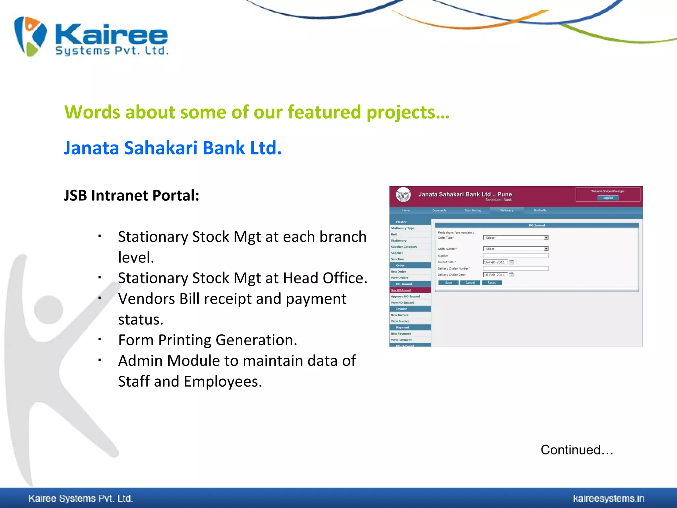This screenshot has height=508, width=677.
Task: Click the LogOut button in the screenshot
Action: pos(608,198)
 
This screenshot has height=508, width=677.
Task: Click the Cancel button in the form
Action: pos(470,283)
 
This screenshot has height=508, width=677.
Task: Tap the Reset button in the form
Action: pos(492,283)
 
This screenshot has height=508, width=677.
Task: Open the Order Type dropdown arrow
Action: pos(546,238)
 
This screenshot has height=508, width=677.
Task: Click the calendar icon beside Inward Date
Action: pos(511,262)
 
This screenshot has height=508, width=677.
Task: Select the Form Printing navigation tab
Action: pos(473,210)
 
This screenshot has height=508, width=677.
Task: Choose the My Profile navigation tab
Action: pos(540,210)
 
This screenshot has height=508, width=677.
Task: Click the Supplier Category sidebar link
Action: pos(404,247)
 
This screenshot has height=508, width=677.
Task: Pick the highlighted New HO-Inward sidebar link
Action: pos(401,290)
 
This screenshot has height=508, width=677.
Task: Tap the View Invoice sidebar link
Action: pos(400,321)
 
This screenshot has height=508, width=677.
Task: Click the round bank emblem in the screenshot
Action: pos(403,195)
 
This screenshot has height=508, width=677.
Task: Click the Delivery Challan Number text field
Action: pos(515,269)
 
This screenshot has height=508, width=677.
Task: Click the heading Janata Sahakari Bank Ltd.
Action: pos(173,148)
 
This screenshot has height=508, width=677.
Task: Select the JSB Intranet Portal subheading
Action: pos(132,195)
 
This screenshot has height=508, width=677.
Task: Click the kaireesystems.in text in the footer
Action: pos(609,498)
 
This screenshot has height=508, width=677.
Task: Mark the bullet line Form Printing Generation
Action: pos(208,340)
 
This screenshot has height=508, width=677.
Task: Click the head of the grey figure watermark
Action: pos(49,310)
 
